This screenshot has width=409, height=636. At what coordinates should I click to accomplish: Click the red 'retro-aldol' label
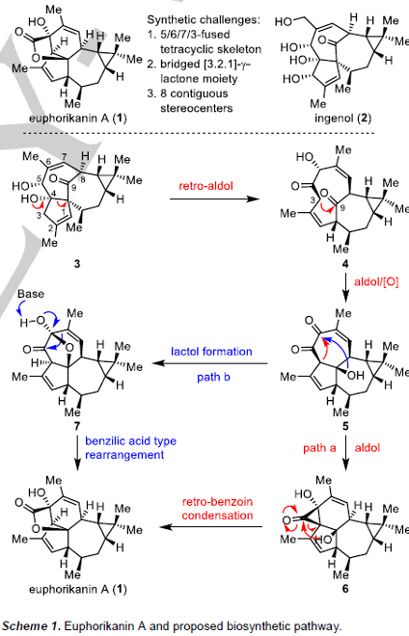205,186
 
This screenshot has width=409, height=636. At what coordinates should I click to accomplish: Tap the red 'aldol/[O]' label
376,281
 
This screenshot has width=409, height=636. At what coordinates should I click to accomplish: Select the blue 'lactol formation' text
211,352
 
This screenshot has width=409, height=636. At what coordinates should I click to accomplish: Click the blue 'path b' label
213,377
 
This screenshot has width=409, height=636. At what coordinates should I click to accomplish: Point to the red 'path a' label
319,448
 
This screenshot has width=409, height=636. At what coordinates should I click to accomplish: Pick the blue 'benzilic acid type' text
130,441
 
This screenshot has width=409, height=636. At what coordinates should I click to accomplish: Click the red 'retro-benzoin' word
217,502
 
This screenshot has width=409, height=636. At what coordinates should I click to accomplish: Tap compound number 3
77,264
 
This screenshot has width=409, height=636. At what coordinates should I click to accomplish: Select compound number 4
345,264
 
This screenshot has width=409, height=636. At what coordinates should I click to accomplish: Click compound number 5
345,426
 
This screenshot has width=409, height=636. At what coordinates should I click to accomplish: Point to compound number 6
345,589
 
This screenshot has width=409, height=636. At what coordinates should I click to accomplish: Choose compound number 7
77,426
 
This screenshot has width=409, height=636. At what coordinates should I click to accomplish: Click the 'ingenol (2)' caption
342,119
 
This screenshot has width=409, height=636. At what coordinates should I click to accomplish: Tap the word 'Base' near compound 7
31,294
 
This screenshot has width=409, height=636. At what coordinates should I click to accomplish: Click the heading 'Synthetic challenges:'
204,19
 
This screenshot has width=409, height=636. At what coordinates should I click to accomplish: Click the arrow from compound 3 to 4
214,199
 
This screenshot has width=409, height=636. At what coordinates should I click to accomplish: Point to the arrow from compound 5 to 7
209,363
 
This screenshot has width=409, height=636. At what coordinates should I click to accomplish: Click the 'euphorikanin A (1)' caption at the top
77,119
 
